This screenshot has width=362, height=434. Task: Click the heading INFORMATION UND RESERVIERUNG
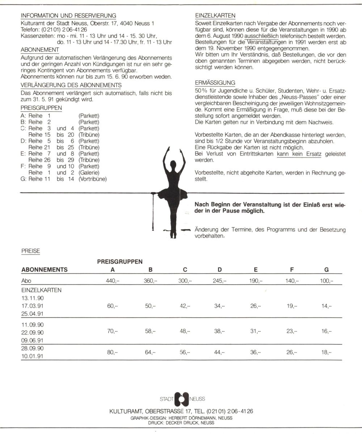click(x=68, y=16)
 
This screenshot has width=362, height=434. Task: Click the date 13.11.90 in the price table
click(x=33, y=298)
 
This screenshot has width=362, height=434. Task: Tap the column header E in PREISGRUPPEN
click(x=256, y=269)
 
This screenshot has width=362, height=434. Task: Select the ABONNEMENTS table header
click(x=45, y=269)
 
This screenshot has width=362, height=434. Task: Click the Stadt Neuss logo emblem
click(x=182, y=399)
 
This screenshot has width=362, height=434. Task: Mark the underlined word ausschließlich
click(x=261, y=37)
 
